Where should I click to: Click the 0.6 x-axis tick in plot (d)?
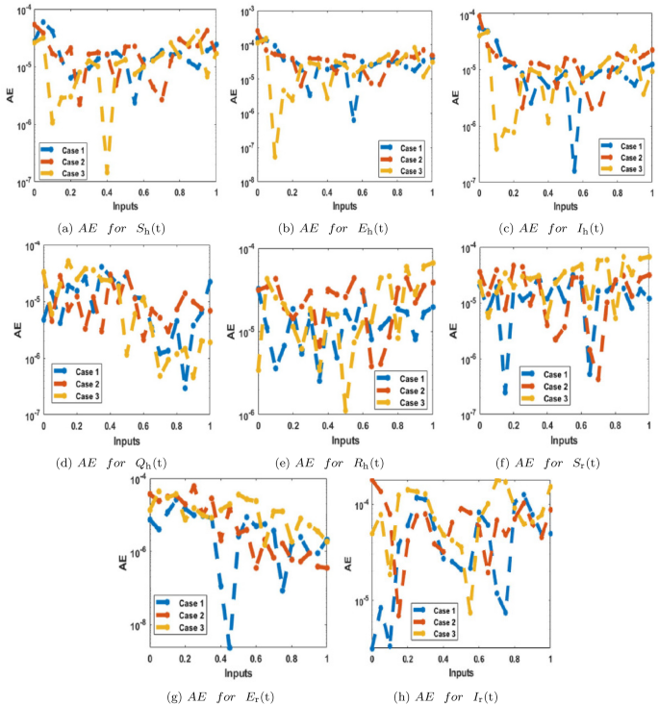(x=142, y=425)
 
